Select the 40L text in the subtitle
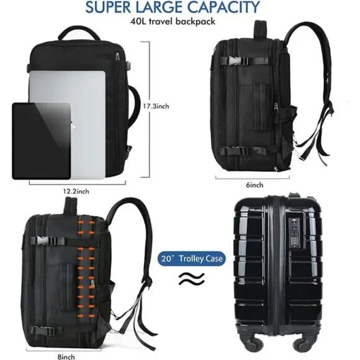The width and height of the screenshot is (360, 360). tap(138, 21)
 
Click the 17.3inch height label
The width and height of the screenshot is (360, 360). tap(156, 106)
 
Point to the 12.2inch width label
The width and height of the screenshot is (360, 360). tap(76, 191)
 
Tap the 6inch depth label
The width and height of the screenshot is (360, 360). tap(254, 185)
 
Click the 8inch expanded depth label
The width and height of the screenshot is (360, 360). tap(66, 357)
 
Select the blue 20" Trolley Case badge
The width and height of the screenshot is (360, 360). tap(192, 259)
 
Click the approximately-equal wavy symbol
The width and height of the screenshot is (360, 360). tap(192, 279)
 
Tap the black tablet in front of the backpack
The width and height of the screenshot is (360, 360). tap(42, 141)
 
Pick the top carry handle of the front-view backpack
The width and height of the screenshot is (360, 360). tap(79, 34)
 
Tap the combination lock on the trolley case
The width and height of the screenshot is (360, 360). tap(294, 234)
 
